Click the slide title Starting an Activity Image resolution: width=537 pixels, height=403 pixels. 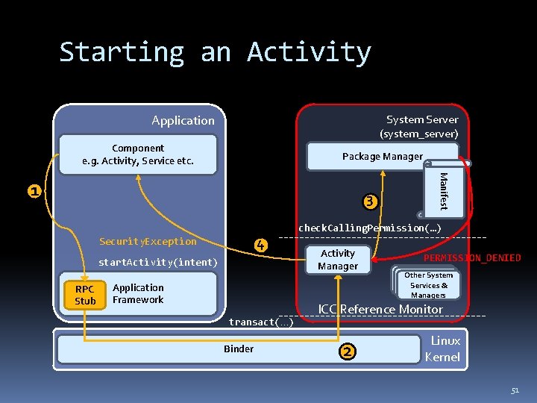215,52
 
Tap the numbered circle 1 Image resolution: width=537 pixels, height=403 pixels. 34,191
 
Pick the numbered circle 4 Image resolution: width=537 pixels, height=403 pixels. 260,245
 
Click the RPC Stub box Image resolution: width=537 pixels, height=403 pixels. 85,295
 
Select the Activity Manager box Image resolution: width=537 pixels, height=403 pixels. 337,260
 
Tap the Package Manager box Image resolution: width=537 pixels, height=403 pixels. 382,157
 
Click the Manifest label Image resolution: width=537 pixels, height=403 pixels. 444,191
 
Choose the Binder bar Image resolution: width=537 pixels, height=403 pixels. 239,349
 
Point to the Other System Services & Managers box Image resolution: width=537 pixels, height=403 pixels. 428,284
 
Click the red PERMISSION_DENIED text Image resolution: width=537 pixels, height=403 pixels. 472,258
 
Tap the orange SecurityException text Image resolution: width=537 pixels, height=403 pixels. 148,242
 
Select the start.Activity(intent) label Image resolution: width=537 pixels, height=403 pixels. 158,263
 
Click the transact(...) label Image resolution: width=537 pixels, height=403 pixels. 260,322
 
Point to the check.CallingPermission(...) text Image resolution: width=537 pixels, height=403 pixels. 370,228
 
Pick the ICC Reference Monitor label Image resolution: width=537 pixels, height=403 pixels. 380,309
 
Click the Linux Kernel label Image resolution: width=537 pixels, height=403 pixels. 442,349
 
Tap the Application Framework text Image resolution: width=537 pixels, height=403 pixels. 138,293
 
